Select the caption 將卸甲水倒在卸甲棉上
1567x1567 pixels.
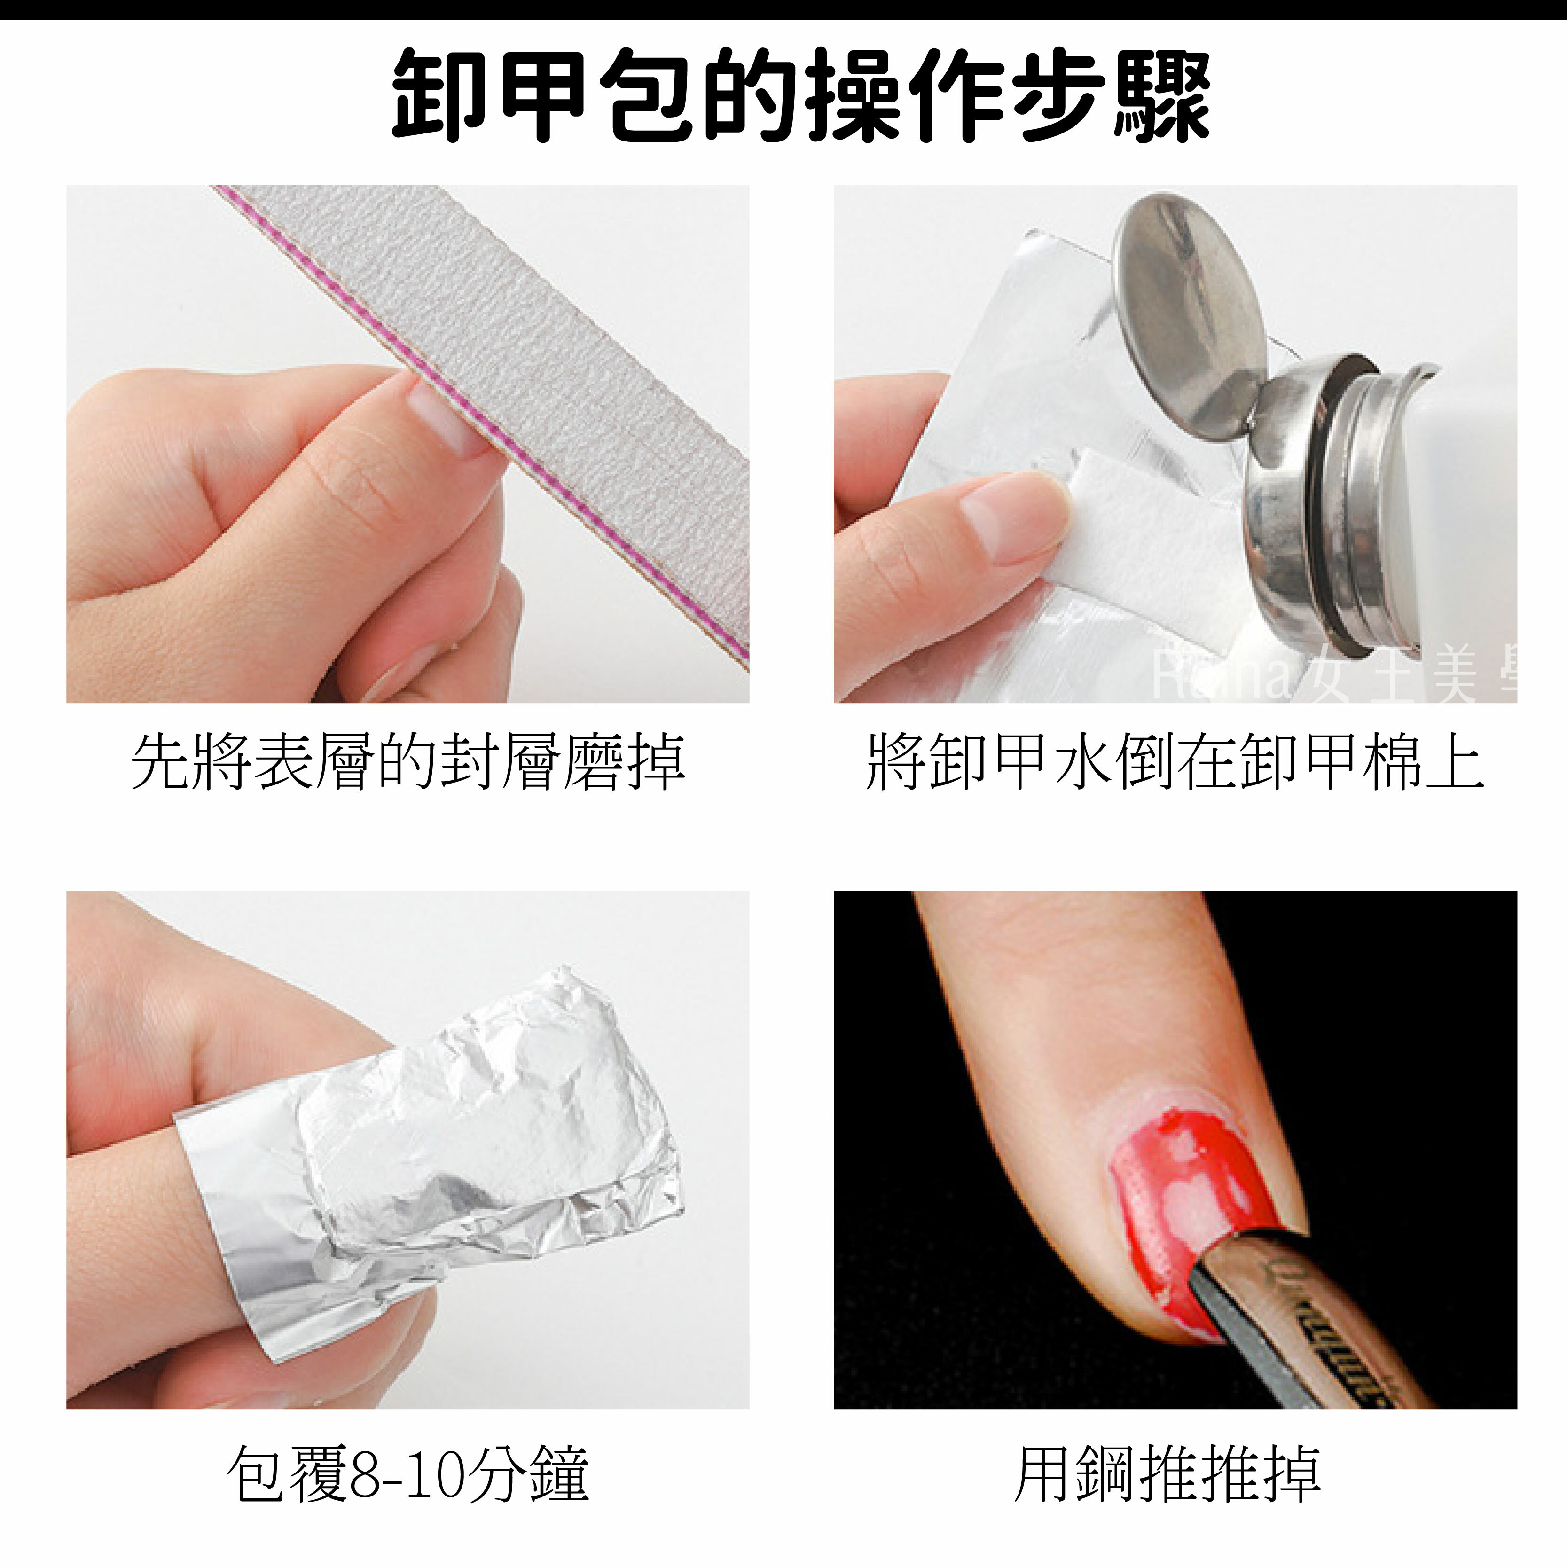click(1175, 762)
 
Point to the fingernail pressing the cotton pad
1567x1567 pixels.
click(1010, 519)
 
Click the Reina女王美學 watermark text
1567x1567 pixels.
click(1330, 677)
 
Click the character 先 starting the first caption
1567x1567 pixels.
click(161, 762)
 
